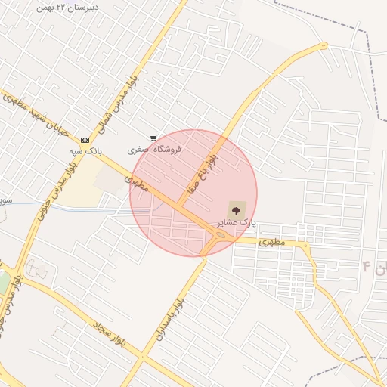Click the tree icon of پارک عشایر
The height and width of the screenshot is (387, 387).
236,209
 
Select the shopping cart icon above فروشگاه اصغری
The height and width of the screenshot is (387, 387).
153,138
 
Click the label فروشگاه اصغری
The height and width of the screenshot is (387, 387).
154,150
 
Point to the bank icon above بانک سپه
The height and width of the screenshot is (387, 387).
85,140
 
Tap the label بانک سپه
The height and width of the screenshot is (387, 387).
85,151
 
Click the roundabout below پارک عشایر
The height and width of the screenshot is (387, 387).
221,237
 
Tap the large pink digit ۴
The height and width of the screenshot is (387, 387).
367,267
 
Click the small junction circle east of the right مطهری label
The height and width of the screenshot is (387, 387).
305,246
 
